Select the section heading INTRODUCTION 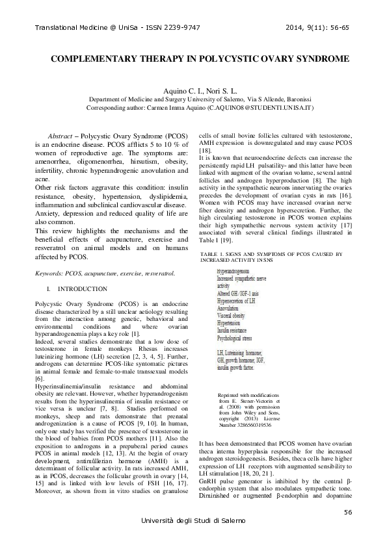click(x=83, y=270)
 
